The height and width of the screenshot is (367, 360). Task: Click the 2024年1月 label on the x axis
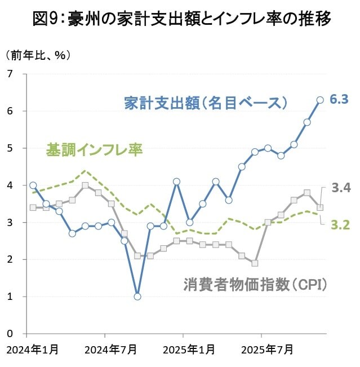pyautogui.click(x=32, y=350)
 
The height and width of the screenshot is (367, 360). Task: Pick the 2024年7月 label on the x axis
pyautogui.click(x=111, y=350)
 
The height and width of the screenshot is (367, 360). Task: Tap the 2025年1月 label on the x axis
pyautogui.click(x=189, y=350)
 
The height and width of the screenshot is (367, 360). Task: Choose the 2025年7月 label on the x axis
pyautogui.click(x=267, y=350)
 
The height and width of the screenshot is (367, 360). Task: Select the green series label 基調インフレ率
pyautogui.click(x=94, y=151)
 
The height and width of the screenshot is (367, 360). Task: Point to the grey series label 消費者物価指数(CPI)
pyautogui.click(x=255, y=284)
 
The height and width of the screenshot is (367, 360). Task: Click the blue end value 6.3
pyautogui.click(x=340, y=100)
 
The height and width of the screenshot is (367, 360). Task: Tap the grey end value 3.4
pyautogui.click(x=341, y=188)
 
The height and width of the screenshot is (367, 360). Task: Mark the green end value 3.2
pyautogui.click(x=341, y=225)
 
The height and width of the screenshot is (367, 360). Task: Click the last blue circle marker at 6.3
pyautogui.click(x=320, y=100)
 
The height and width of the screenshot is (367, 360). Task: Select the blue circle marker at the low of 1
pyautogui.click(x=137, y=296)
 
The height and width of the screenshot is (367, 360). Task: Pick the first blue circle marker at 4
pyautogui.click(x=33, y=185)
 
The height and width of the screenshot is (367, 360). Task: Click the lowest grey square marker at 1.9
pyautogui.click(x=255, y=263)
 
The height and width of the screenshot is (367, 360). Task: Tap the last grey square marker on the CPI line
pyautogui.click(x=320, y=207)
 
